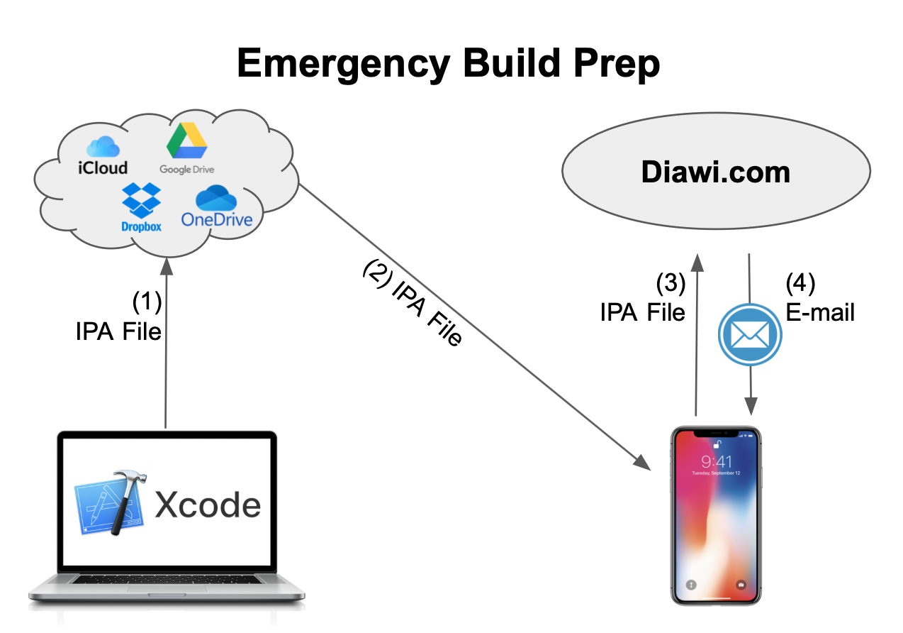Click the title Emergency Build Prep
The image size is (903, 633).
click(x=448, y=64)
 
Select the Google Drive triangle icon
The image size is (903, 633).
click(x=186, y=141)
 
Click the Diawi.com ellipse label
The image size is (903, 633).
click(x=715, y=172)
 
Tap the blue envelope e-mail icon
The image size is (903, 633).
click(x=750, y=335)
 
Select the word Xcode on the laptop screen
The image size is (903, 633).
click(x=208, y=505)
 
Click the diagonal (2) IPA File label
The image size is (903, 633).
click(x=412, y=302)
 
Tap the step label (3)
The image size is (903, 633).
click(x=670, y=283)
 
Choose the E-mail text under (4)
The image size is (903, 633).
click(x=820, y=312)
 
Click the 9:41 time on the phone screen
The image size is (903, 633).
click(x=716, y=462)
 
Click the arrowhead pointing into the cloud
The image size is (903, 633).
click(x=166, y=265)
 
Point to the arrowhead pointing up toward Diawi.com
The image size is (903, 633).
click(x=697, y=262)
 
